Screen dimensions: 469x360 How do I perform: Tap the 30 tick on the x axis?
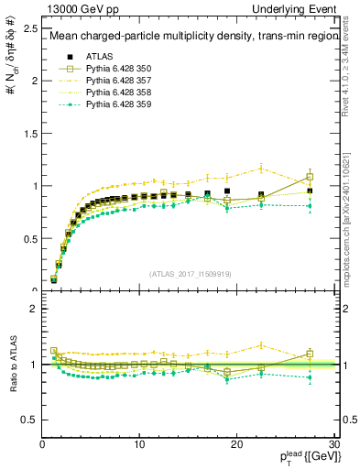(x=333, y=445)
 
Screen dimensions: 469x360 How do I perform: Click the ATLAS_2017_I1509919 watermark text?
(x=191, y=273)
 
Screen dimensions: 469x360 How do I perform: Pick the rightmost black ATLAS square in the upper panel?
(x=310, y=191)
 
